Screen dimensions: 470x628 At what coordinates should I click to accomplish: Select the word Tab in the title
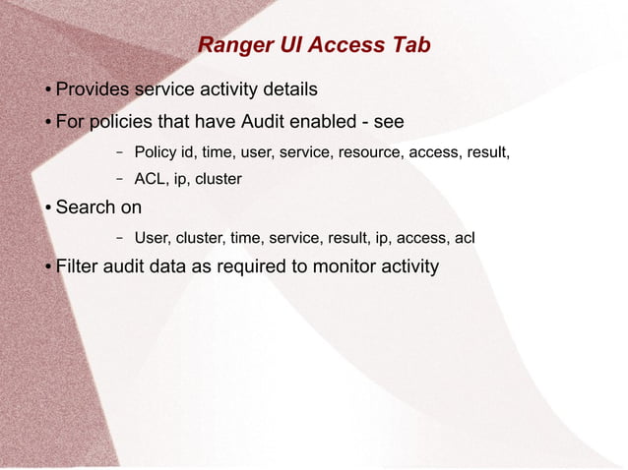point(410,46)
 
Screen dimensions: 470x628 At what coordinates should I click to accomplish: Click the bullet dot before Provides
point(47,91)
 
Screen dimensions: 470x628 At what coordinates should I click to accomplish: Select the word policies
point(125,123)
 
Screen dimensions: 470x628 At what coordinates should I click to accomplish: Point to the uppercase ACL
point(150,180)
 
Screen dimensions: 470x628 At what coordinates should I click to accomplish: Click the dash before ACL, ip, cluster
point(119,180)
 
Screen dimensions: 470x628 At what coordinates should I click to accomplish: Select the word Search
point(86,207)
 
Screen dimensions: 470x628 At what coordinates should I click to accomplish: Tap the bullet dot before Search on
point(47,208)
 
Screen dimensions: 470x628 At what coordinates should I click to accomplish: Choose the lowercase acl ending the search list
point(464,238)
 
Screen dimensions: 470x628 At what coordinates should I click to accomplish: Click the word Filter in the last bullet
point(78,266)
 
